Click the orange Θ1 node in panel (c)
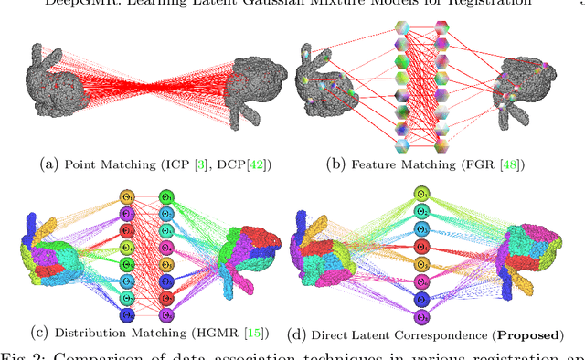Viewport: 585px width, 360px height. click(x=127, y=197)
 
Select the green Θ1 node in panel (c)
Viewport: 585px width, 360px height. click(x=166, y=197)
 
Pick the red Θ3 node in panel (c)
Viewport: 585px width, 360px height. click(x=127, y=231)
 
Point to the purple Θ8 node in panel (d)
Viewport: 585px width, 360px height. click(x=420, y=315)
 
